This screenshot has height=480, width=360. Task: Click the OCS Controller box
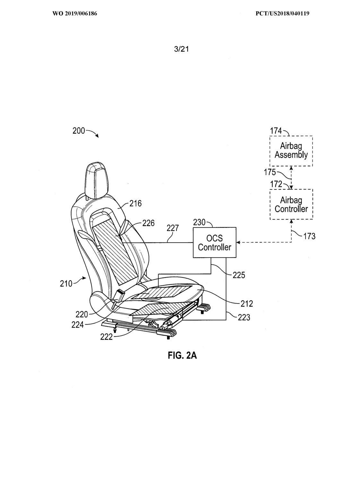pos(214,243)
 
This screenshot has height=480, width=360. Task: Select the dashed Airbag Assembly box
pos(291,151)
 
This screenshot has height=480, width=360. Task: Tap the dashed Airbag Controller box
pos(291,204)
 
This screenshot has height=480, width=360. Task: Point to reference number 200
pos(79,131)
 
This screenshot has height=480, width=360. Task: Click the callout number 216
pos(135,203)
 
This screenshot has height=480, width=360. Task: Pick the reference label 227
pos(173,228)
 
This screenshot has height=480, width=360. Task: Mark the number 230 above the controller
pos(199,222)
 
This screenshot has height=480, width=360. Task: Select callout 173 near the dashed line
pos(309,236)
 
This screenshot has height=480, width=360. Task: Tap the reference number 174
pos(276,131)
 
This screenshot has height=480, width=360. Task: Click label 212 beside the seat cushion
pos(246,304)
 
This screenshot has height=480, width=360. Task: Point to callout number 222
pos(107,337)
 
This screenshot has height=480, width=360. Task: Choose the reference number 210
pos(66,284)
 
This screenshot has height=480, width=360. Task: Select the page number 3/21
pos(181,49)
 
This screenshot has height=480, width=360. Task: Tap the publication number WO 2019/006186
pos(75,13)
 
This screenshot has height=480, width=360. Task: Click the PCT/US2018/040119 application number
pos(282,13)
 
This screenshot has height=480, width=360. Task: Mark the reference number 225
pos(239,275)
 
